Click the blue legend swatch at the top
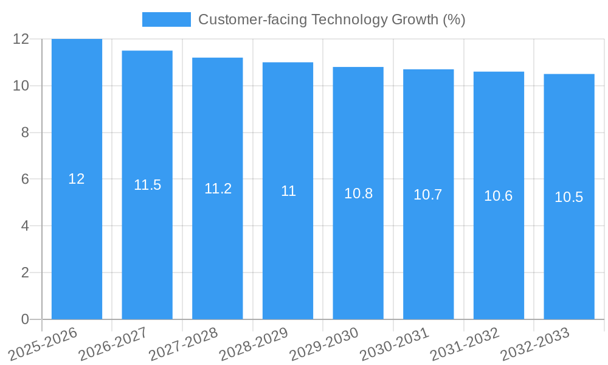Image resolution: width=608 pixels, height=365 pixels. click(x=166, y=19)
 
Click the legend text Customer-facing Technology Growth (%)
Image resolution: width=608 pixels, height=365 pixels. click(x=331, y=19)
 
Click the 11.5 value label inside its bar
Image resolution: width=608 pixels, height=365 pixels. click(x=147, y=185)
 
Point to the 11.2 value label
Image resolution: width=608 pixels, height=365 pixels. click(x=218, y=189)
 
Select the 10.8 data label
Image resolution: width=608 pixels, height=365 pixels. click(x=358, y=193)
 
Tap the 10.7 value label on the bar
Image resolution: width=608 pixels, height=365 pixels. click(x=428, y=195)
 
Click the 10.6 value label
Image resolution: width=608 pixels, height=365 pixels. click(x=499, y=196)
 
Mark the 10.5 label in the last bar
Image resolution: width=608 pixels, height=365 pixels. click(x=569, y=197)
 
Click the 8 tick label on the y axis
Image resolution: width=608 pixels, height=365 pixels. click(x=25, y=133)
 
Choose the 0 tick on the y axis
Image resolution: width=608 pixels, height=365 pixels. click(x=25, y=319)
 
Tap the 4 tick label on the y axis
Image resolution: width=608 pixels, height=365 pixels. click(x=25, y=226)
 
